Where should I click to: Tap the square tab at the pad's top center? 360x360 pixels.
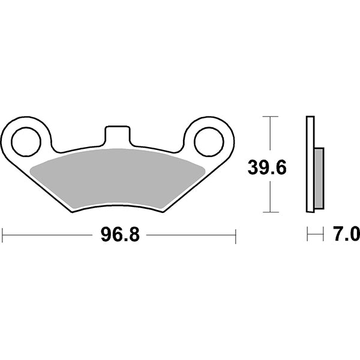pyautogui.click(x=118, y=136)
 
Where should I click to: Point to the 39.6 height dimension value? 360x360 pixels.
pyautogui.click(x=267, y=168)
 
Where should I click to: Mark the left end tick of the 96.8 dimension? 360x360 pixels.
pyautogui.click(x=2, y=235)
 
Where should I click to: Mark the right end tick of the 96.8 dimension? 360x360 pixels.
pyautogui.click(x=236, y=235)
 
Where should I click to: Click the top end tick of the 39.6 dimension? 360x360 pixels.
pyautogui.click(x=271, y=116)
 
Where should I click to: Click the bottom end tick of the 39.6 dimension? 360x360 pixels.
pyautogui.click(x=271, y=212)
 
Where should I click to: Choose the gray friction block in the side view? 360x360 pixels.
pyautogui.click(x=319, y=178)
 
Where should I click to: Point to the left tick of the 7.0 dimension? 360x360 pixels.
pyautogui.click(x=307, y=235)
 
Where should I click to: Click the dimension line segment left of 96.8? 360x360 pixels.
pyautogui.click(x=48, y=235)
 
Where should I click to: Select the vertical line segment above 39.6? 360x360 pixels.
pyautogui.click(x=271, y=135)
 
